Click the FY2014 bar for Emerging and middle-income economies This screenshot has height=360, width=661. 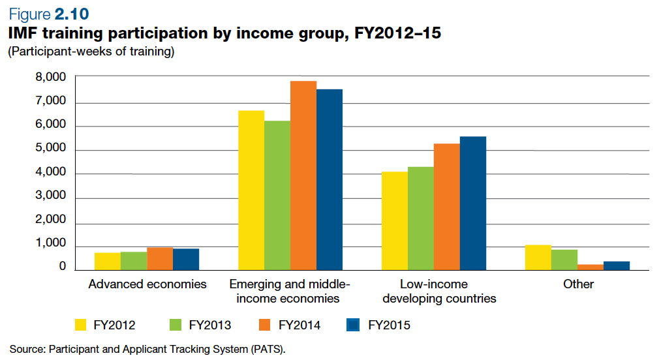(303, 175)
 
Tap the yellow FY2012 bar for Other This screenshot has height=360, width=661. (538, 258)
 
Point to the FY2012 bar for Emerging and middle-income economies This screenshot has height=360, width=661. (251, 190)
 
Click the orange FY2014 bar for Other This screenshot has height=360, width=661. (591, 267)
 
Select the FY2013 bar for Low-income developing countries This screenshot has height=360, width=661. (421, 218)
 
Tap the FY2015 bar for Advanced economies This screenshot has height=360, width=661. (186, 260)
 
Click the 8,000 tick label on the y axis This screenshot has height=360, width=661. (50, 78)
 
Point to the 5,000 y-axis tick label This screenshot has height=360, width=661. (50, 149)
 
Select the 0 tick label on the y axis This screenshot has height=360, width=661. (63, 267)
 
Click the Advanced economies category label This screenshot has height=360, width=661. (147, 284)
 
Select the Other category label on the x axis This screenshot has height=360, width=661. (579, 284)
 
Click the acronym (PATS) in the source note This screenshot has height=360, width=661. (268, 348)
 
